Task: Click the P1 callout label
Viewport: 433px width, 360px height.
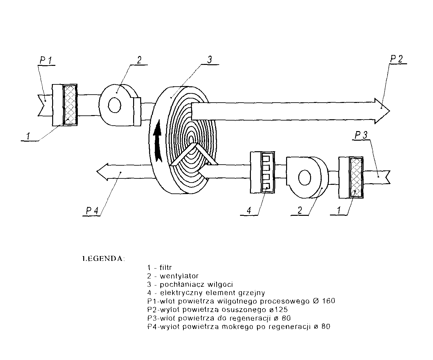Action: click(46, 60)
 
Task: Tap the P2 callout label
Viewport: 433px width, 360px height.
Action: click(396, 59)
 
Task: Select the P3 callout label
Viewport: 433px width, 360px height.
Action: click(361, 135)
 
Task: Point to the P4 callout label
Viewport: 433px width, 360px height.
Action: click(92, 211)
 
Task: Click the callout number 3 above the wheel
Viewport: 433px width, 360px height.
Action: click(210, 60)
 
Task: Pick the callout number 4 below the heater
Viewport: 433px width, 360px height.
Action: click(249, 211)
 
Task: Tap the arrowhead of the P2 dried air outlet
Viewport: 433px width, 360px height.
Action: click(382, 111)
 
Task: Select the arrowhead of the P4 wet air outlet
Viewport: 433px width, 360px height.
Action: click(102, 172)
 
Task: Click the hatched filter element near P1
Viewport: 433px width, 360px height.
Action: click(70, 105)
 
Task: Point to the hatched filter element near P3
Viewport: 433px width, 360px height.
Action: click(357, 177)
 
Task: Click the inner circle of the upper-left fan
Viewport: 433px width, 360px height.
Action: click(115, 105)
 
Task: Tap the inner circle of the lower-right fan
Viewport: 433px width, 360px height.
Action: click(305, 177)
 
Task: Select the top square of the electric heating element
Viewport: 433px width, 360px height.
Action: click(266, 159)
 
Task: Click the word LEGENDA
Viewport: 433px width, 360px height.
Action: click(103, 259)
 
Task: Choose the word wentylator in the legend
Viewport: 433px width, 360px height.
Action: click(179, 276)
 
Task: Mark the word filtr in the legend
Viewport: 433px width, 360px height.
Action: click(166, 268)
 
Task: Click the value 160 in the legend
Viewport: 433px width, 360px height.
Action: click(328, 301)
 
